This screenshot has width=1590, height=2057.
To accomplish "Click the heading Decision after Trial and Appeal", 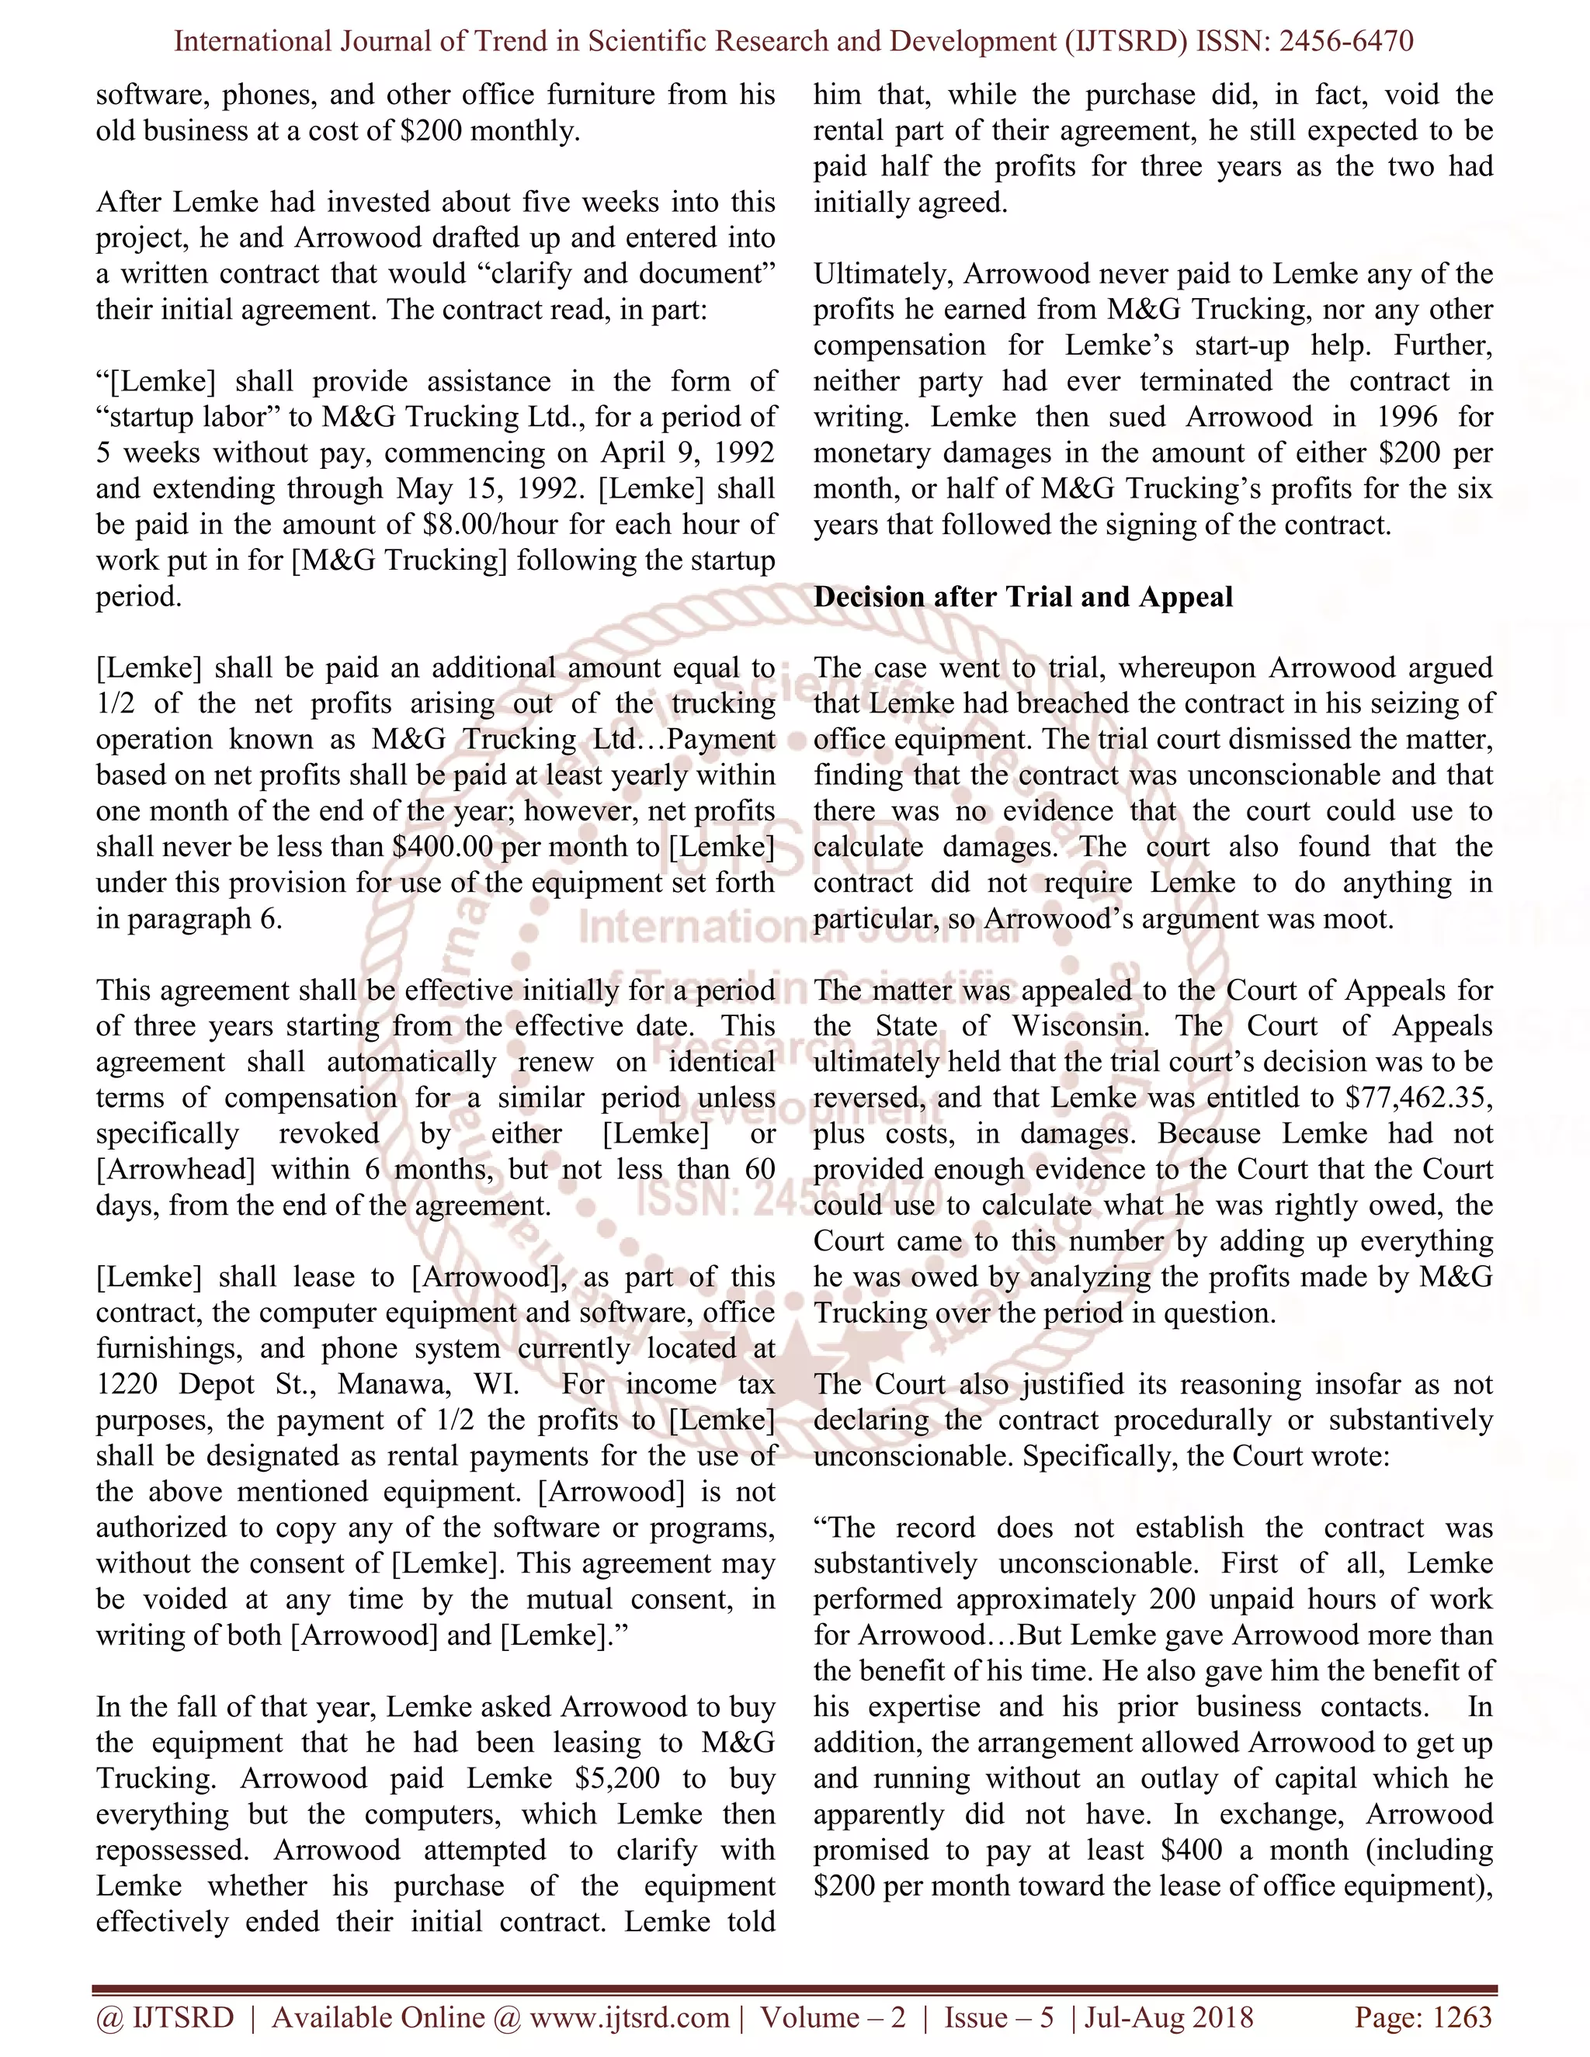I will (x=1023, y=597).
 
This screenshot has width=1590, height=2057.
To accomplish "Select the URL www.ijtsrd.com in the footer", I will (x=629, y=2017).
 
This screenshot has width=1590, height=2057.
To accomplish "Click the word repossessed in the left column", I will (x=172, y=1850).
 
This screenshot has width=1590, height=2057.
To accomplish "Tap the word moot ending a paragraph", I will (x=1356, y=918).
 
